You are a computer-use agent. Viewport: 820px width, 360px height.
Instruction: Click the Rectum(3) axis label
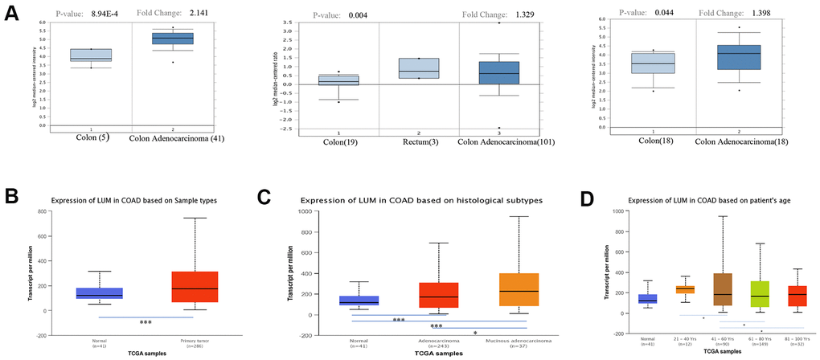[x=418, y=145]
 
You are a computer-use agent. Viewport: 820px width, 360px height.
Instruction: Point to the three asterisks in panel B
[x=146, y=322]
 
